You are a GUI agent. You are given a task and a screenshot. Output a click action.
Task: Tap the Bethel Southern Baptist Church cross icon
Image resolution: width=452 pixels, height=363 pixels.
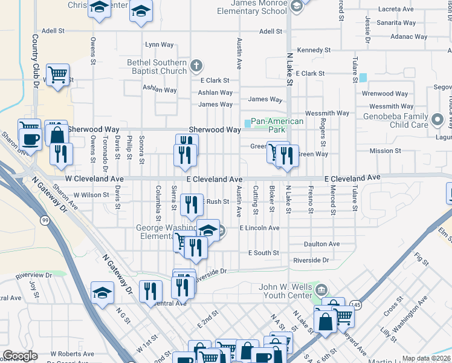point(195,64)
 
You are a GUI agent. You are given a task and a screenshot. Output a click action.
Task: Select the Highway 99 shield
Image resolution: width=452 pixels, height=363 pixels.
point(45,221)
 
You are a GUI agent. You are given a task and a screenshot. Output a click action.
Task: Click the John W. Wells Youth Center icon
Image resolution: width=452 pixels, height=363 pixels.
point(320,288)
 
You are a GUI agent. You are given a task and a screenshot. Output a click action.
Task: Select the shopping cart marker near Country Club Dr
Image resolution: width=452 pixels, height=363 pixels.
point(57,76)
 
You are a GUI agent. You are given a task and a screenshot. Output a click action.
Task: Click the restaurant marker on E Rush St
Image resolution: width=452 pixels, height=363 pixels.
point(192,204)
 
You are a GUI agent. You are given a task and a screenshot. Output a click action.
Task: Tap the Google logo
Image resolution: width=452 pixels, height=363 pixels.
point(20,356)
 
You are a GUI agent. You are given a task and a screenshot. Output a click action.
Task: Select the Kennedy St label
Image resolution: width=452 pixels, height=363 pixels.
point(314,50)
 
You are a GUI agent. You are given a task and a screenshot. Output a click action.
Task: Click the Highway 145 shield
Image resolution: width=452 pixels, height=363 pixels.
point(357,306)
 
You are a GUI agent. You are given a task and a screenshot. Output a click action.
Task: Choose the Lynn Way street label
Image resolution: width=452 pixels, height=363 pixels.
point(160,45)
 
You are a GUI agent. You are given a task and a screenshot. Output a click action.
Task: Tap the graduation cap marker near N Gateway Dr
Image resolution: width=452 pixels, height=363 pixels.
point(103,293)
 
